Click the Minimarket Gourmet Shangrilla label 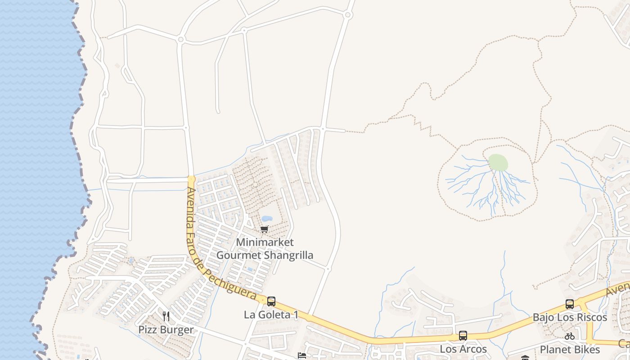(x=265, y=248)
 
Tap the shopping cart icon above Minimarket (x=265, y=229)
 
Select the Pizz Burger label (x=166, y=329)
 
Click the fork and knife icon (x=166, y=316)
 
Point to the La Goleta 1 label (x=271, y=315)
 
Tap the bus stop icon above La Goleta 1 (x=271, y=301)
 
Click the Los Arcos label (x=463, y=349)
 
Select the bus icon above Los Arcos (x=463, y=336)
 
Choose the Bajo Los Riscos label (x=570, y=317)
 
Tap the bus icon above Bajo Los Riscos (x=570, y=304)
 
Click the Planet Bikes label (x=570, y=349)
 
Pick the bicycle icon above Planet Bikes (x=570, y=336)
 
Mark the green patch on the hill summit (x=498, y=162)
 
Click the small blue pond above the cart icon (x=267, y=219)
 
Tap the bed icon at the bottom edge (x=302, y=356)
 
